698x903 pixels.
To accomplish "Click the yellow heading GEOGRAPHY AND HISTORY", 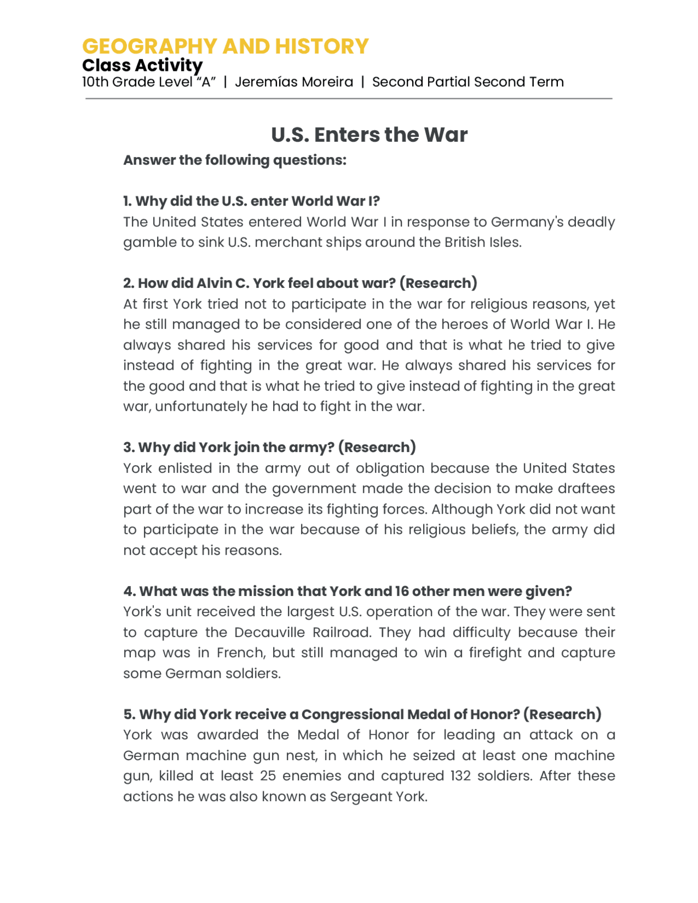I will [225, 46].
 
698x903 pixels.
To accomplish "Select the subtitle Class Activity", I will [142, 65].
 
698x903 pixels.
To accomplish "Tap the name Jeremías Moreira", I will [294, 82].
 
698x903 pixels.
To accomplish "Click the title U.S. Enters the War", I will [369, 135].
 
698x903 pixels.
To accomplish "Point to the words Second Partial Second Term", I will [467, 82].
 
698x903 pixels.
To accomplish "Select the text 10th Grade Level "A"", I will [149, 82].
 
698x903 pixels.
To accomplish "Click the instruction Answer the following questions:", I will [234, 160].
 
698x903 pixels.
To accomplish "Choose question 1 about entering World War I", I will [251, 201].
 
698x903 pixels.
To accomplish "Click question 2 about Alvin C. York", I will [300, 284].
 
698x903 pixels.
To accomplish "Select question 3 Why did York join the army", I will [269, 448].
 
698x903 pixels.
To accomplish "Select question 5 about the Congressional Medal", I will [362, 714].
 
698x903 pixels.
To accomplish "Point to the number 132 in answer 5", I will [460, 776].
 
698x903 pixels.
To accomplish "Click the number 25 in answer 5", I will [268, 776].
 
